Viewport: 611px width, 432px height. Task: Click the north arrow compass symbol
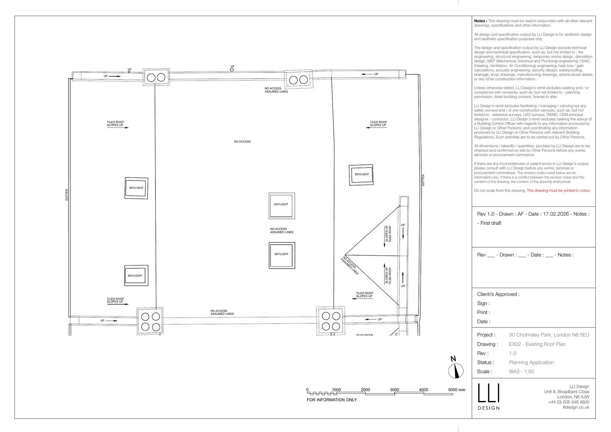[x=456, y=370]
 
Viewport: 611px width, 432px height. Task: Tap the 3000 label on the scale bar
[x=394, y=390]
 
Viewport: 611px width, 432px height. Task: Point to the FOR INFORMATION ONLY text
[x=332, y=400]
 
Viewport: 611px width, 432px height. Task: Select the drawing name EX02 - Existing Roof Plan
[x=537, y=344]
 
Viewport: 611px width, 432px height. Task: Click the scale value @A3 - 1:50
[x=521, y=371]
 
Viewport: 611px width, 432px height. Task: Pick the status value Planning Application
[x=531, y=363]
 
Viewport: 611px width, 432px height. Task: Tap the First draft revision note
[x=489, y=223]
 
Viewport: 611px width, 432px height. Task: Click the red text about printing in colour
[x=559, y=190]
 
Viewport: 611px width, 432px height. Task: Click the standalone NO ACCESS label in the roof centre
[x=242, y=142]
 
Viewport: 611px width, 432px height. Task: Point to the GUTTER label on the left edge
[x=66, y=195]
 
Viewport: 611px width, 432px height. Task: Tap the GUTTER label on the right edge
[x=423, y=180]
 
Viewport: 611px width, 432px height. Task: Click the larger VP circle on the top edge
[x=232, y=70]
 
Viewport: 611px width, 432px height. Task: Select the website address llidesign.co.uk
[x=576, y=407]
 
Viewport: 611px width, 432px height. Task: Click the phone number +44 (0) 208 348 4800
[x=569, y=402]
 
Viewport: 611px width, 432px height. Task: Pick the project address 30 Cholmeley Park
[x=549, y=335]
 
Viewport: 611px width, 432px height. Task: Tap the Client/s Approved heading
[x=498, y=294]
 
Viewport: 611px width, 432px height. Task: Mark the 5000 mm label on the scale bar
[x=457, y=390]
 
